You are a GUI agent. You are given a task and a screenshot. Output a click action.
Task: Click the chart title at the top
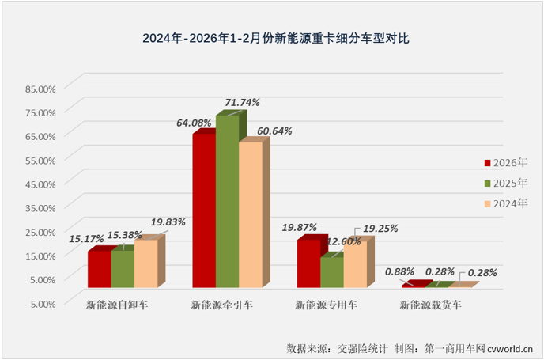pos(271,37)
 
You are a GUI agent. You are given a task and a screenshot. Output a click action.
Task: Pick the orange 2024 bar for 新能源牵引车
pos(250,214)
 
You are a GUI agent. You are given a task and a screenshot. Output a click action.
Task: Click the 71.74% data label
pos(242,103)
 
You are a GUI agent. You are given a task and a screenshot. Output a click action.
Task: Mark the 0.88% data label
pos(399,271)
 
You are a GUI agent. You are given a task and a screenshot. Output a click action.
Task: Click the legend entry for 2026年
pos(505,163)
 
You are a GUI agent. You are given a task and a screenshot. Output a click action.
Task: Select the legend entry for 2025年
pos(505,184)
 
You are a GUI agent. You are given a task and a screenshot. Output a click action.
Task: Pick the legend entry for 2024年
pos(505,204)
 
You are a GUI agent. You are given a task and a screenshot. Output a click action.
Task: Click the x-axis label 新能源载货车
pos(431,304)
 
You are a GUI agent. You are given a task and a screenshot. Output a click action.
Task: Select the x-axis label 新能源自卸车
pos(117,304)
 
